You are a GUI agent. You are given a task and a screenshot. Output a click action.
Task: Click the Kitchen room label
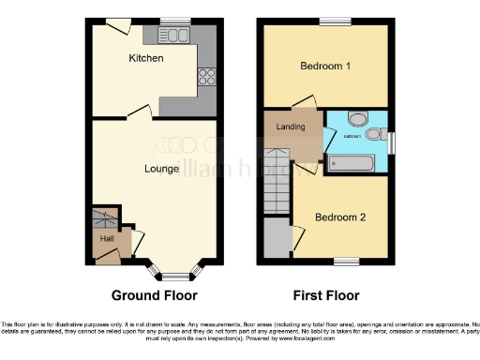[x=145, y=58]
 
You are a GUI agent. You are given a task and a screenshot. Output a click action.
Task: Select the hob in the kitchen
[x=206, y=78]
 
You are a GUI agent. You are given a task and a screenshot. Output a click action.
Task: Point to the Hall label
[x=107, y=239]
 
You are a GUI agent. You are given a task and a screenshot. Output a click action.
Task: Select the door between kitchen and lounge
[x=137, y=112]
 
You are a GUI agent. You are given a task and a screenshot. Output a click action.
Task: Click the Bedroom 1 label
[x=325, y=67]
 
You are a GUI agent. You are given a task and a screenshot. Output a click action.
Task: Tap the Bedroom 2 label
[x=339, y=217]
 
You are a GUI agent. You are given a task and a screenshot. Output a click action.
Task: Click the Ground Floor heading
[x=155, y=295]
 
